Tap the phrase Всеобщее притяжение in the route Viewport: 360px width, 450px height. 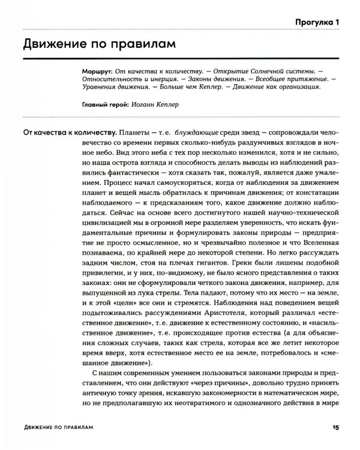pyautogui.click(x=276, y=79)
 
